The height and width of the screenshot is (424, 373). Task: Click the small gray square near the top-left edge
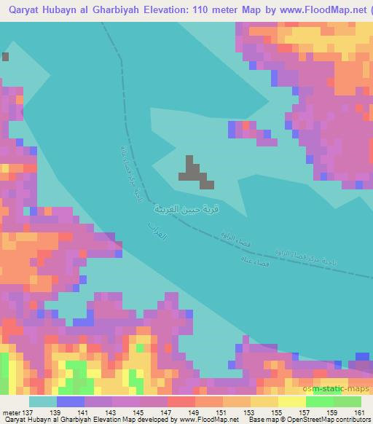tap(6, 56)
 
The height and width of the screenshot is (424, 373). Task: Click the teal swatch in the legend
tap(42, 401)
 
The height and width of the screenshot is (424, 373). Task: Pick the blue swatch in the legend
tap(71, 401)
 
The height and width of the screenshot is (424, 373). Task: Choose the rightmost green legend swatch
tap(348, 401)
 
